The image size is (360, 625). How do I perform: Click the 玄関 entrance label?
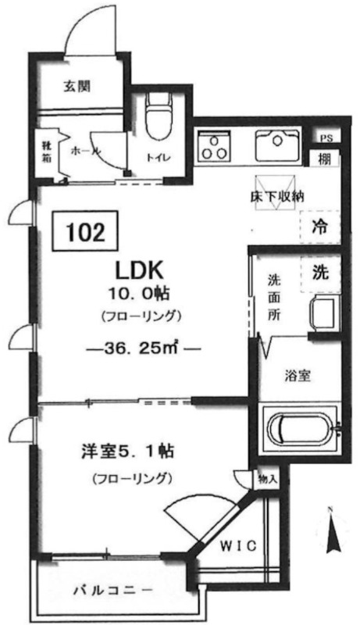(x=77, y=87)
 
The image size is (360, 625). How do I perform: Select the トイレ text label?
(x=159, y=158)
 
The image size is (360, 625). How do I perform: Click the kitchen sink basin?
(x=277, y=144)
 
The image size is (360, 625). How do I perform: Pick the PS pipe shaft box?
(x=326, y=138)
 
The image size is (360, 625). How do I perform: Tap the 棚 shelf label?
(x=325, y=159)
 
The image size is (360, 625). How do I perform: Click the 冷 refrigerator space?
(x=320, y=227)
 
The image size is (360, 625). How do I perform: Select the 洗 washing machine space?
(x=321, y=273)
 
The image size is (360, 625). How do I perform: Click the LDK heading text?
(x=139, y=271)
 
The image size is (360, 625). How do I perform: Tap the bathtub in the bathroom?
(x=303, y=428)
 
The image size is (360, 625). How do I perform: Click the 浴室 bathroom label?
(x=298, y=376)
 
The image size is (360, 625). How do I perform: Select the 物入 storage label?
(x=267, y=479)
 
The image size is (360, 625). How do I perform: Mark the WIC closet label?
(x=239, y=545)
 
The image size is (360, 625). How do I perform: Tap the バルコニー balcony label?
(x=112, y=590)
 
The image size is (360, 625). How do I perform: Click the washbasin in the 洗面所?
(x=325, y=313)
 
